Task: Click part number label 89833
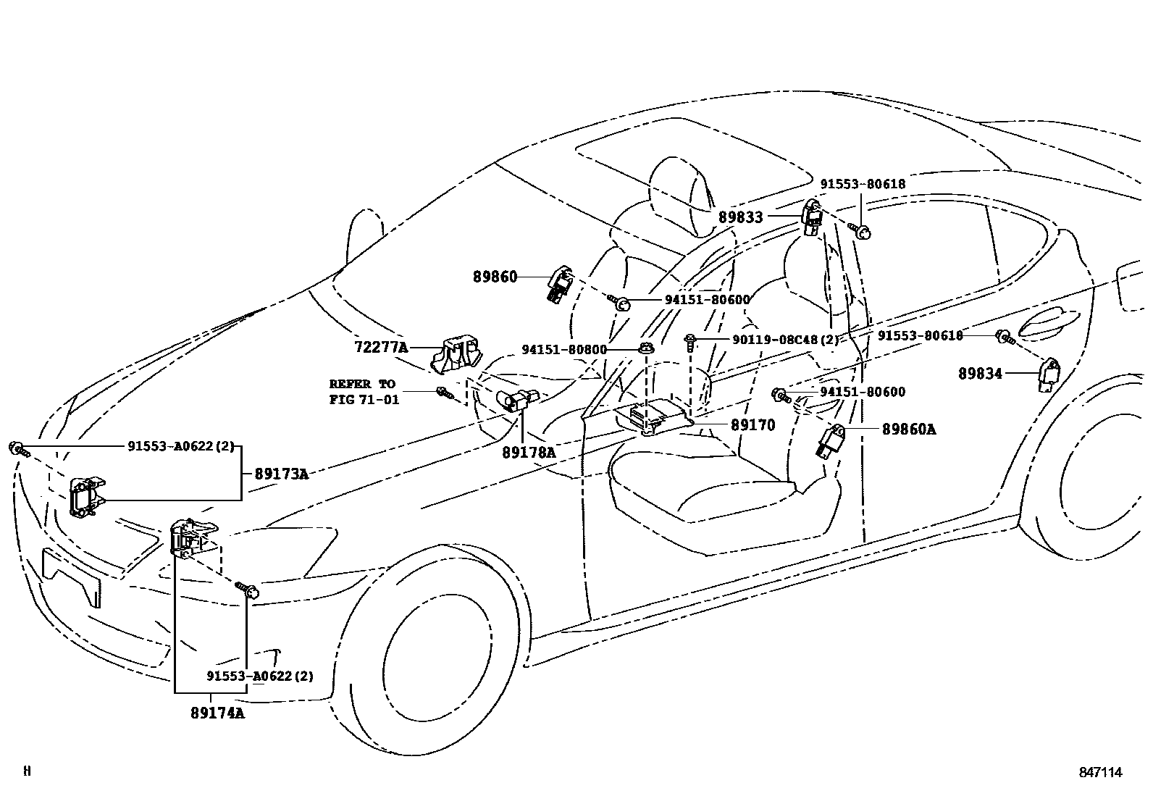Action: pos(740,217)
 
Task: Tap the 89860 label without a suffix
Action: pos(495,277)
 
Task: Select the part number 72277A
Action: pos(381,347)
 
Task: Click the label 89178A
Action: pos(529,452)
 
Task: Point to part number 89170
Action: pos(752,425)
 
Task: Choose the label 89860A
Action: pos(908,430)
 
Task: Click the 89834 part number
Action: pos(980,374)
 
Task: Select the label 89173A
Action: pos(281,474)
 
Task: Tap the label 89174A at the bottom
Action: pos(217,713)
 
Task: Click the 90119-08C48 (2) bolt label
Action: pos(775,338)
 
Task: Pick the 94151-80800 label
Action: pos(564,349)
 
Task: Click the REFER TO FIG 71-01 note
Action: pos(363,391)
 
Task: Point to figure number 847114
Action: pos(1099,772)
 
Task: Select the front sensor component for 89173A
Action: pos(86,497)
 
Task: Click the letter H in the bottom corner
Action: pos(27,771)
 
